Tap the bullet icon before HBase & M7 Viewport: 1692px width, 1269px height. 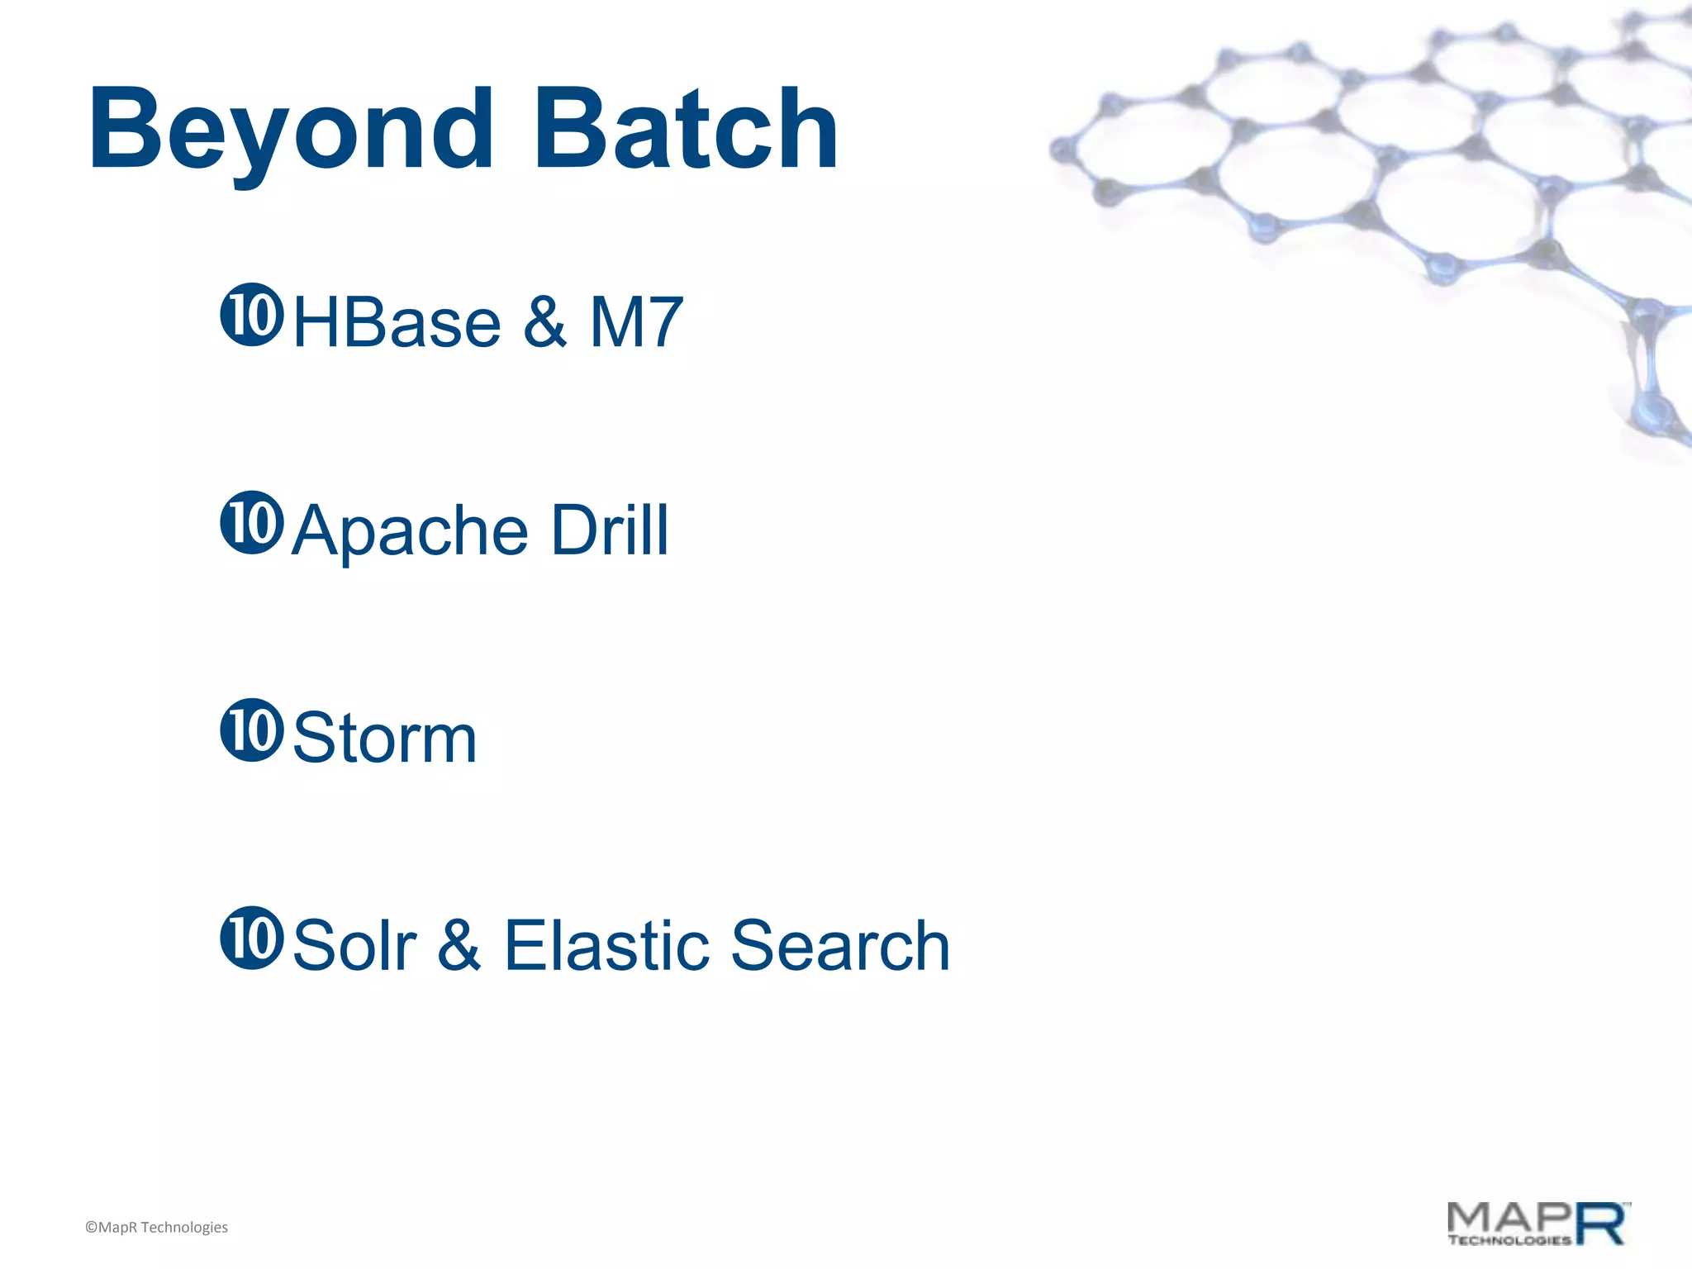252,315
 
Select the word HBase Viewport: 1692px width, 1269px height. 397,322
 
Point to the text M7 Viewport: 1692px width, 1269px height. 635,322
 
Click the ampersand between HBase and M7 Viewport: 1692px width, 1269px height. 544,322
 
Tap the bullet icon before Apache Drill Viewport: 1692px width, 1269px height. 252,522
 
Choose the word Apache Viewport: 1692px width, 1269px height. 411,530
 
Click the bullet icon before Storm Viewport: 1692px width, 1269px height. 252,730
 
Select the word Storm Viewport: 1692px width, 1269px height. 385,738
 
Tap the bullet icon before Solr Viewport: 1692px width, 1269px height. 252,937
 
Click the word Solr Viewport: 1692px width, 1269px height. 355,945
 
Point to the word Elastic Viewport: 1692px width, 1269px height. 606,945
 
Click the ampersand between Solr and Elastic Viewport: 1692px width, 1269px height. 459,945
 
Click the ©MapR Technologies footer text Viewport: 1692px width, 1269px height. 156,1227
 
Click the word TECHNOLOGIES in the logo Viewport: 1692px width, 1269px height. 1509,1240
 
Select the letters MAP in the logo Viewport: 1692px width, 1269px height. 1510,1218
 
